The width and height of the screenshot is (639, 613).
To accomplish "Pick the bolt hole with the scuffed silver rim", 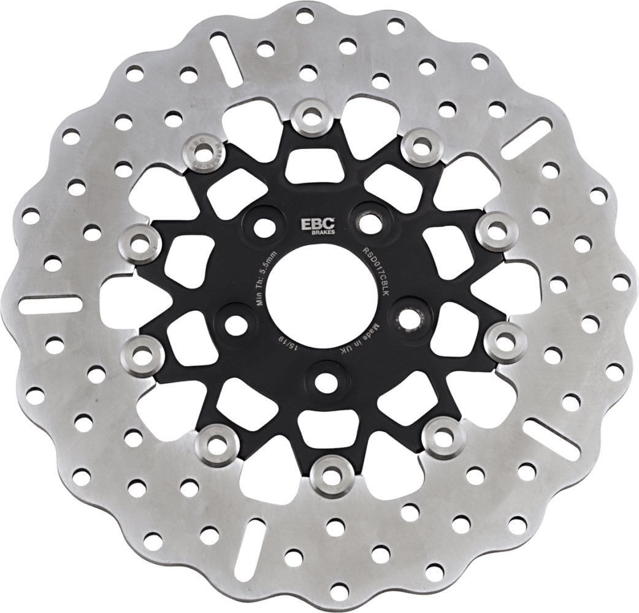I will [x=408, y=314].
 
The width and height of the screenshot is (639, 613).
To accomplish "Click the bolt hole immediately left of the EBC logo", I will [x=262, y=219].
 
